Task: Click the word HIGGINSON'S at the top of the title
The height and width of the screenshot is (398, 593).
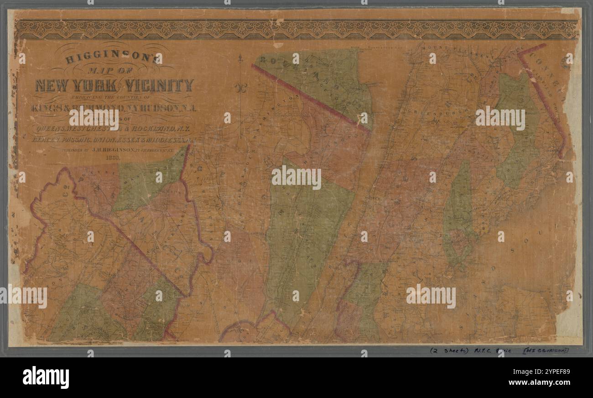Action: pyautogui.click(x=114, y=59)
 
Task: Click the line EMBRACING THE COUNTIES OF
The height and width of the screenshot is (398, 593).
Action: pyautogui.click(x=114, y=97)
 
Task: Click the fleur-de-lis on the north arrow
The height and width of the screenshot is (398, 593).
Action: pyautogui.click(x=239, y=87)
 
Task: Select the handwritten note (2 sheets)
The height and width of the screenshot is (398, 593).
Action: pyautogui.click(x=445, y=351)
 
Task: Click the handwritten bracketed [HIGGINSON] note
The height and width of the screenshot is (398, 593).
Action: pyautogui.click(x=547, y=351)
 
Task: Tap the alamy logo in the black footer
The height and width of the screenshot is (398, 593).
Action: pyautogui.click(x=46, y=377)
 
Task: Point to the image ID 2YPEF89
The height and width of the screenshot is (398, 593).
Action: pyautogui.click(x=546, y=370)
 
